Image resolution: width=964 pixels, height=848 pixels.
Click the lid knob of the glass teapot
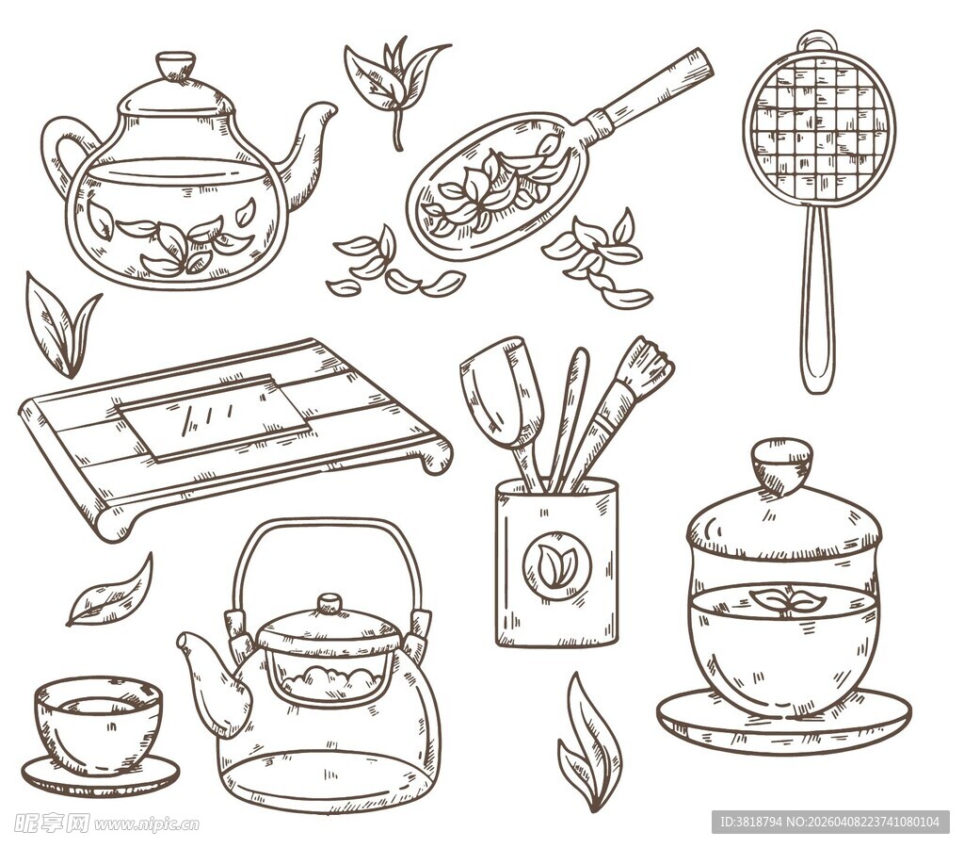tap(175, 67)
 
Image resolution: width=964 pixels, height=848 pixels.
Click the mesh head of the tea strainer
tap(818, 127)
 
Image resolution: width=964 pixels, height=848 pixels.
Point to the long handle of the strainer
tap(816, 302)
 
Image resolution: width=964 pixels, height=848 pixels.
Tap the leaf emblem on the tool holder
tap(556, 566)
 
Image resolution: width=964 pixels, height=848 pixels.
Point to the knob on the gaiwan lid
tap(781, 464)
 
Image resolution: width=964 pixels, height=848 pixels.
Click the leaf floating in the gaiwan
tap(786, 600)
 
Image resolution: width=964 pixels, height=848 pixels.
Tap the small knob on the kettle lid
tap(329, 603)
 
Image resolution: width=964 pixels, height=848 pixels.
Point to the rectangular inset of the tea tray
tap(214, 416)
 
